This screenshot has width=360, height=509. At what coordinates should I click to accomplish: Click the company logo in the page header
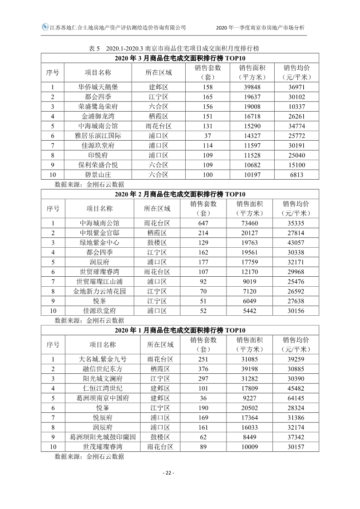(45, 27)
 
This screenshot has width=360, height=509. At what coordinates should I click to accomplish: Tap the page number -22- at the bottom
(168, 473)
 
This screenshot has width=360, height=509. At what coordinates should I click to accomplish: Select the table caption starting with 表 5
(174, 48)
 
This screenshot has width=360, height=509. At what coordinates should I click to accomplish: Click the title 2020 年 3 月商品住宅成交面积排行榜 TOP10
(180, 58)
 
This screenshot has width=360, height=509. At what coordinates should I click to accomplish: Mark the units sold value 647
(204, 223)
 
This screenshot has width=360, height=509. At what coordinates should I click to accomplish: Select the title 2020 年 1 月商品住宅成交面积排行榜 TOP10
(180, 330)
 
